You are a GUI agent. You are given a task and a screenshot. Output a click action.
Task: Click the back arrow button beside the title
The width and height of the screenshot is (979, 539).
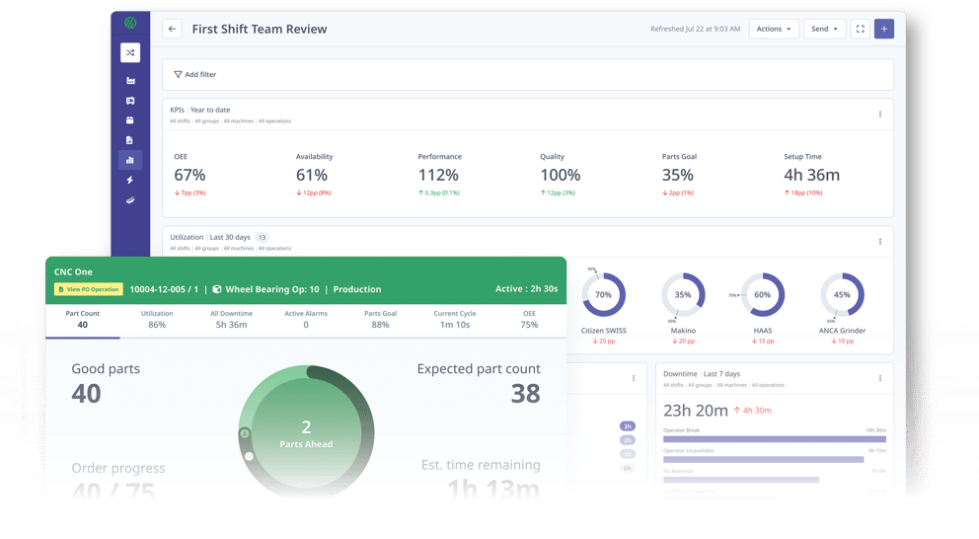pos(173,30)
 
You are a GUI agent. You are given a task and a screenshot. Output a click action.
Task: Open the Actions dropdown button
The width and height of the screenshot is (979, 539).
pos(774,30)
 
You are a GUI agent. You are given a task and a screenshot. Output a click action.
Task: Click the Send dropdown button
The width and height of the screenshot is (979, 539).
pos(824,30)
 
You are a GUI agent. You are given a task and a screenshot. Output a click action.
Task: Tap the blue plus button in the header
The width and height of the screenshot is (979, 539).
pos(884,30)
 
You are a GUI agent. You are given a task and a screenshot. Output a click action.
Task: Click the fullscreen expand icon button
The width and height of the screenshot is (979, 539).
pos(860,30)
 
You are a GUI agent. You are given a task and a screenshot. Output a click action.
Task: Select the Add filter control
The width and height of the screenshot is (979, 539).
pos(195,75)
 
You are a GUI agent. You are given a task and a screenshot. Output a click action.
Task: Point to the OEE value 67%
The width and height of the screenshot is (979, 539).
pos(189,175)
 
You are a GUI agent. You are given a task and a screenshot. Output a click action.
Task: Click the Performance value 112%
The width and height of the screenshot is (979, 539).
pos(438,175)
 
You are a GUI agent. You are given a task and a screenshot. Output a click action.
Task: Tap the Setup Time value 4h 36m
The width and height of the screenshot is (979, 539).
pos(811,175)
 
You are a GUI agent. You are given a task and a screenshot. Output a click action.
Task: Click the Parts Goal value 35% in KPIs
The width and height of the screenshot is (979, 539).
pos(677,175)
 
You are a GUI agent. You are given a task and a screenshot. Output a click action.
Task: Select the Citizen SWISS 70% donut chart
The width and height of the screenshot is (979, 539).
pos(603,295)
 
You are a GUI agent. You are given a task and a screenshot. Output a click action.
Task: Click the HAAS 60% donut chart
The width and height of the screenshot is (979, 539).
pos(762,295)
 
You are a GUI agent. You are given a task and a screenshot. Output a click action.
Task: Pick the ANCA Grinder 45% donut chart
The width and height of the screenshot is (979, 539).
pos(842,295)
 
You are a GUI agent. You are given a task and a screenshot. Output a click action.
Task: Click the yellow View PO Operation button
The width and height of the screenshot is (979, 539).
pos(89,290)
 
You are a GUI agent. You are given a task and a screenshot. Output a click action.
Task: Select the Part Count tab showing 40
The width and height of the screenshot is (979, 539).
pos(83,319)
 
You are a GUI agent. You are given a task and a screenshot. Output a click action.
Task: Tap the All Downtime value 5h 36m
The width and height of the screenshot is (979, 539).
pos(231,325)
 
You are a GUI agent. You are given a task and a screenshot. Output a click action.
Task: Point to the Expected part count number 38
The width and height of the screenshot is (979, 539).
pos(525,394)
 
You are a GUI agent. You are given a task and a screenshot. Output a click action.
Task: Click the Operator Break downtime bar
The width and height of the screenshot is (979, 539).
pos(774,439)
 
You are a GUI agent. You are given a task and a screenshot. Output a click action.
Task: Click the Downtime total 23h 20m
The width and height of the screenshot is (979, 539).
pos(696,411)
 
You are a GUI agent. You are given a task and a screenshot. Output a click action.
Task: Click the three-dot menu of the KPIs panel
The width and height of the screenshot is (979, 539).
pos(880,115)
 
